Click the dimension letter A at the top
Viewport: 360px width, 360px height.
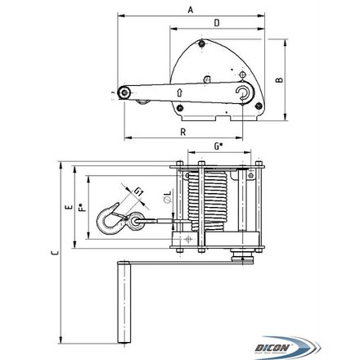click(191, 10)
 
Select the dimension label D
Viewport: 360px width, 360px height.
click(217, 23)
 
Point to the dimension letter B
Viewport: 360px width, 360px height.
click(280, 80)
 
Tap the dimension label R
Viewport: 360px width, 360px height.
click(183, 132)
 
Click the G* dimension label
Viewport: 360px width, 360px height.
click(218, 146)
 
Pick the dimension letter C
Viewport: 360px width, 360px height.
click(55, 253)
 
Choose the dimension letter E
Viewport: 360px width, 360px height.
click(70, 207)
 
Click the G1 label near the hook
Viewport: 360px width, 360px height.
click(139, 191)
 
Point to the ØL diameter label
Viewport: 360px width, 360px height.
click(168, 197)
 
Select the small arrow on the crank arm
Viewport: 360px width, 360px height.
click(179, 92)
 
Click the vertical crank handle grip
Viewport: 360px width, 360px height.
click(124, 302)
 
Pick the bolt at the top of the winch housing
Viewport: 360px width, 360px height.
click(201, 43)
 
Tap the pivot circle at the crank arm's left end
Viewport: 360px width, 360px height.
click(124, 93)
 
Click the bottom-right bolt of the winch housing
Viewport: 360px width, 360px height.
click(258, 106)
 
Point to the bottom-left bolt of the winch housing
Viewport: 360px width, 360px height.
click(179, 108)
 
